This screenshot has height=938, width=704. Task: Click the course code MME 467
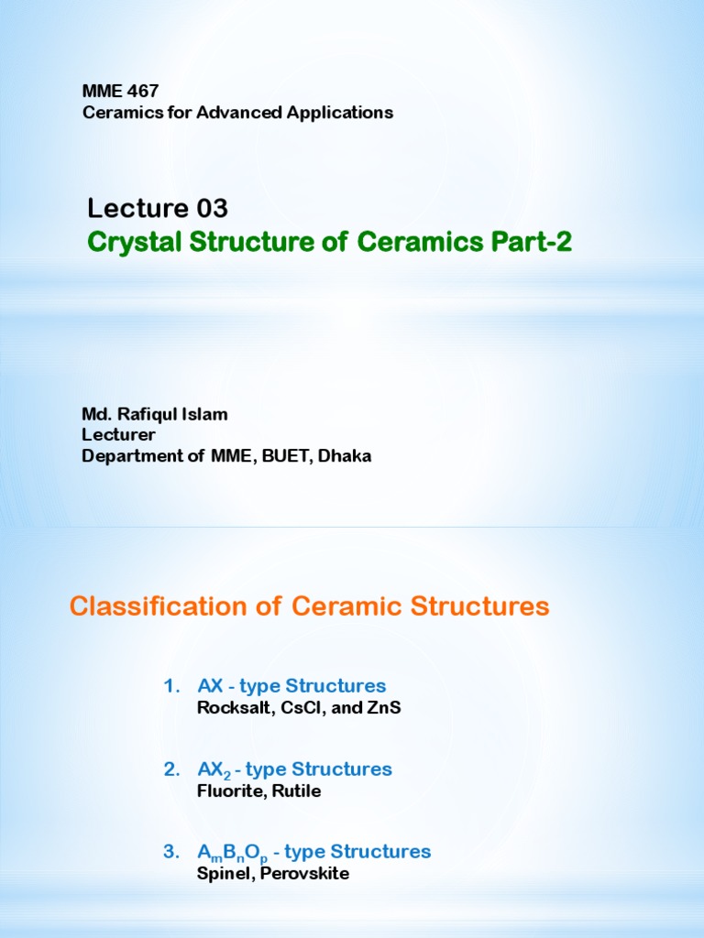120,92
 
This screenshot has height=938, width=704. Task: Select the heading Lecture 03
158,209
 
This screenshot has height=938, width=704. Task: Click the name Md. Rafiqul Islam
155,414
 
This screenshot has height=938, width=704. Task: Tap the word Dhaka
345,455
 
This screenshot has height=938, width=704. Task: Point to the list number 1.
170,686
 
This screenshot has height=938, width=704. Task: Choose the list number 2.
170,769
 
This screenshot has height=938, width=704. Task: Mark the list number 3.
170,852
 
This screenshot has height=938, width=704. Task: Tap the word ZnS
383,707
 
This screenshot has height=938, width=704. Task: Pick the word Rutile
295,791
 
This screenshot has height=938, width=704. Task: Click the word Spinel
220,874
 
